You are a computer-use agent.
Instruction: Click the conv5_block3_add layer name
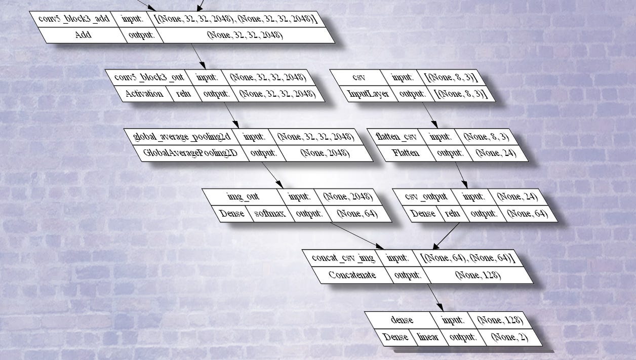[74, 19]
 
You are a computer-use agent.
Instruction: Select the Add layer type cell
[83, 35]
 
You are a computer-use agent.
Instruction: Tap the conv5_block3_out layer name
[149, 77]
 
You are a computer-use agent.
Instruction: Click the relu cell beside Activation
[183, 94]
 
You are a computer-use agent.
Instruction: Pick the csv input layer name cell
[359, 77]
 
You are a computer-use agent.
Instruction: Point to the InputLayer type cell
[368, 94]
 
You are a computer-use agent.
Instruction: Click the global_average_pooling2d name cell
[182, 137]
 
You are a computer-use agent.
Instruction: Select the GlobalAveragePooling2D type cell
[190, 153]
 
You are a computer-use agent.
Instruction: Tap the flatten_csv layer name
[396, 137]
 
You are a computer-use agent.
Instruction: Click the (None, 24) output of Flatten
[496, 153]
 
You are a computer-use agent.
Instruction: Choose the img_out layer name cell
[243, 197]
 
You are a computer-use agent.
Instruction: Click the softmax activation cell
[269, 214]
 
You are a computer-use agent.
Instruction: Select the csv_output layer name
[426, 197]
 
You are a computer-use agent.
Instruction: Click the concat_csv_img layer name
[343, 258]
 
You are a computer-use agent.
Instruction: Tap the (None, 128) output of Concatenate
[478, 275]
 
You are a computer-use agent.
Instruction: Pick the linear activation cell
[428, 337]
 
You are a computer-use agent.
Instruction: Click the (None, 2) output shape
[509, 337]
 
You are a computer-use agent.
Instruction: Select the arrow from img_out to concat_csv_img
[357, 236]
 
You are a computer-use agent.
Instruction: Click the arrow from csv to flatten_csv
[430, 115]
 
